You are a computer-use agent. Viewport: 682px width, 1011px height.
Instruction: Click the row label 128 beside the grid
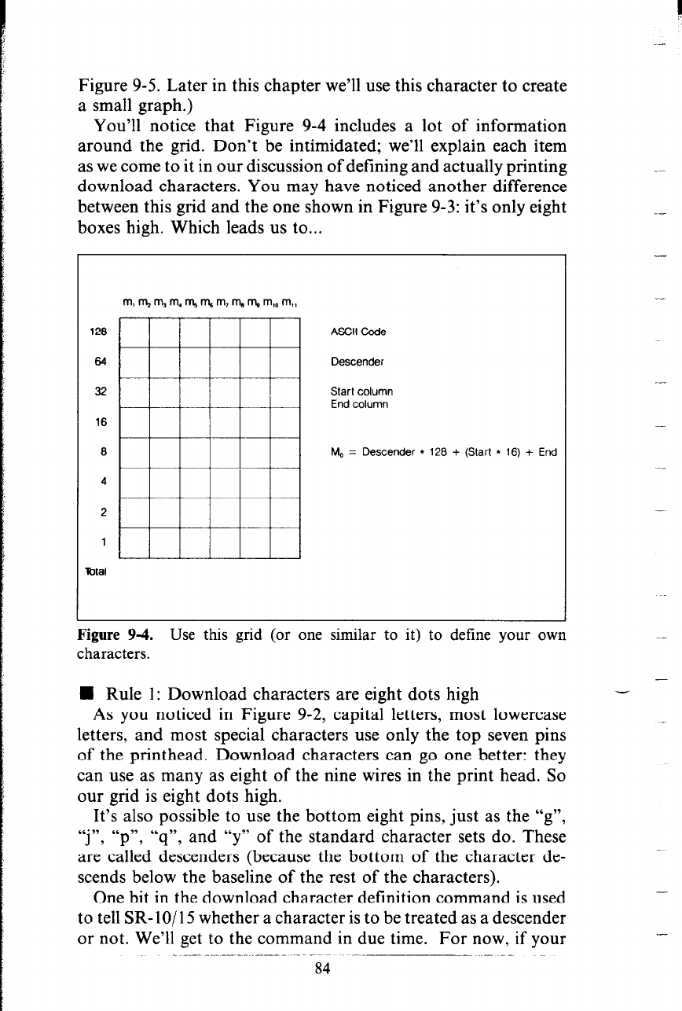[104, 332]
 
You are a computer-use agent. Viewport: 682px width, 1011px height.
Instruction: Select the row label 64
[105, 362]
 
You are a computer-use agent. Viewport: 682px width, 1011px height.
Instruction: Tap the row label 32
[105, 391]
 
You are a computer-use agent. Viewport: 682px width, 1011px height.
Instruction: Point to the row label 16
[105, 421]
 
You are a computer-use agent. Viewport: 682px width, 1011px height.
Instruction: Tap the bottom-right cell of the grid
[286, 542]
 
